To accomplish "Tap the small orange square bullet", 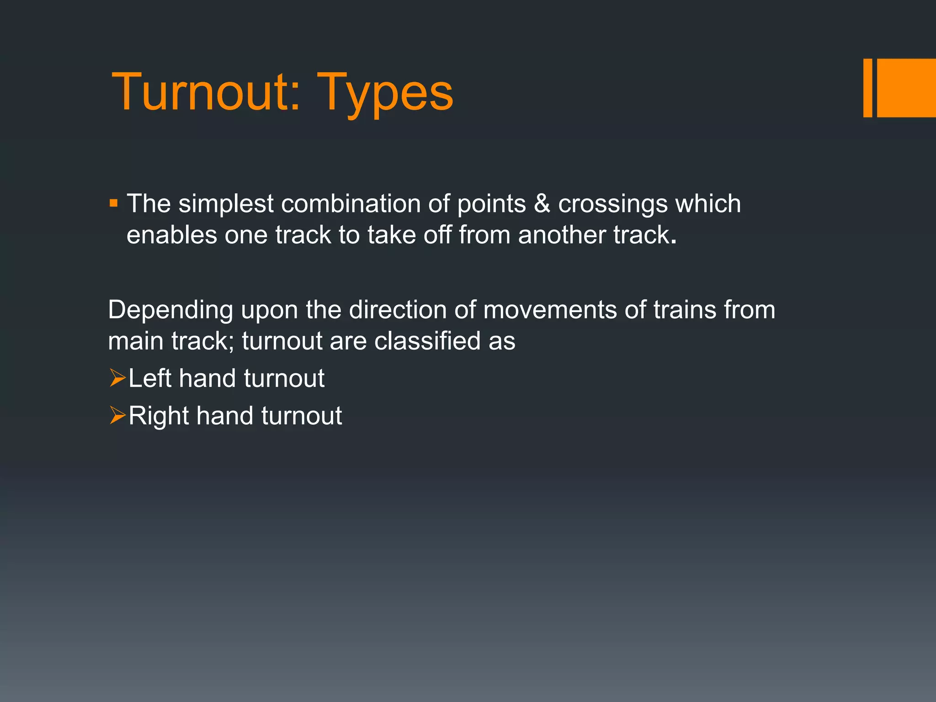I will click(114, 202).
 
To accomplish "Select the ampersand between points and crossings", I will click(542, 203).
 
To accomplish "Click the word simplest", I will click(226, 204).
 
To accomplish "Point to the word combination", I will click(351, 203).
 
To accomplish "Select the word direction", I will click(398, 310).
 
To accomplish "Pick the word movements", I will click(550, 310).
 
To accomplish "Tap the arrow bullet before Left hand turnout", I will click(117, 378).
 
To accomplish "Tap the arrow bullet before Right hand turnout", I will click(117, 416).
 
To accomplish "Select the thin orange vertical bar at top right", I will click(867, 88).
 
